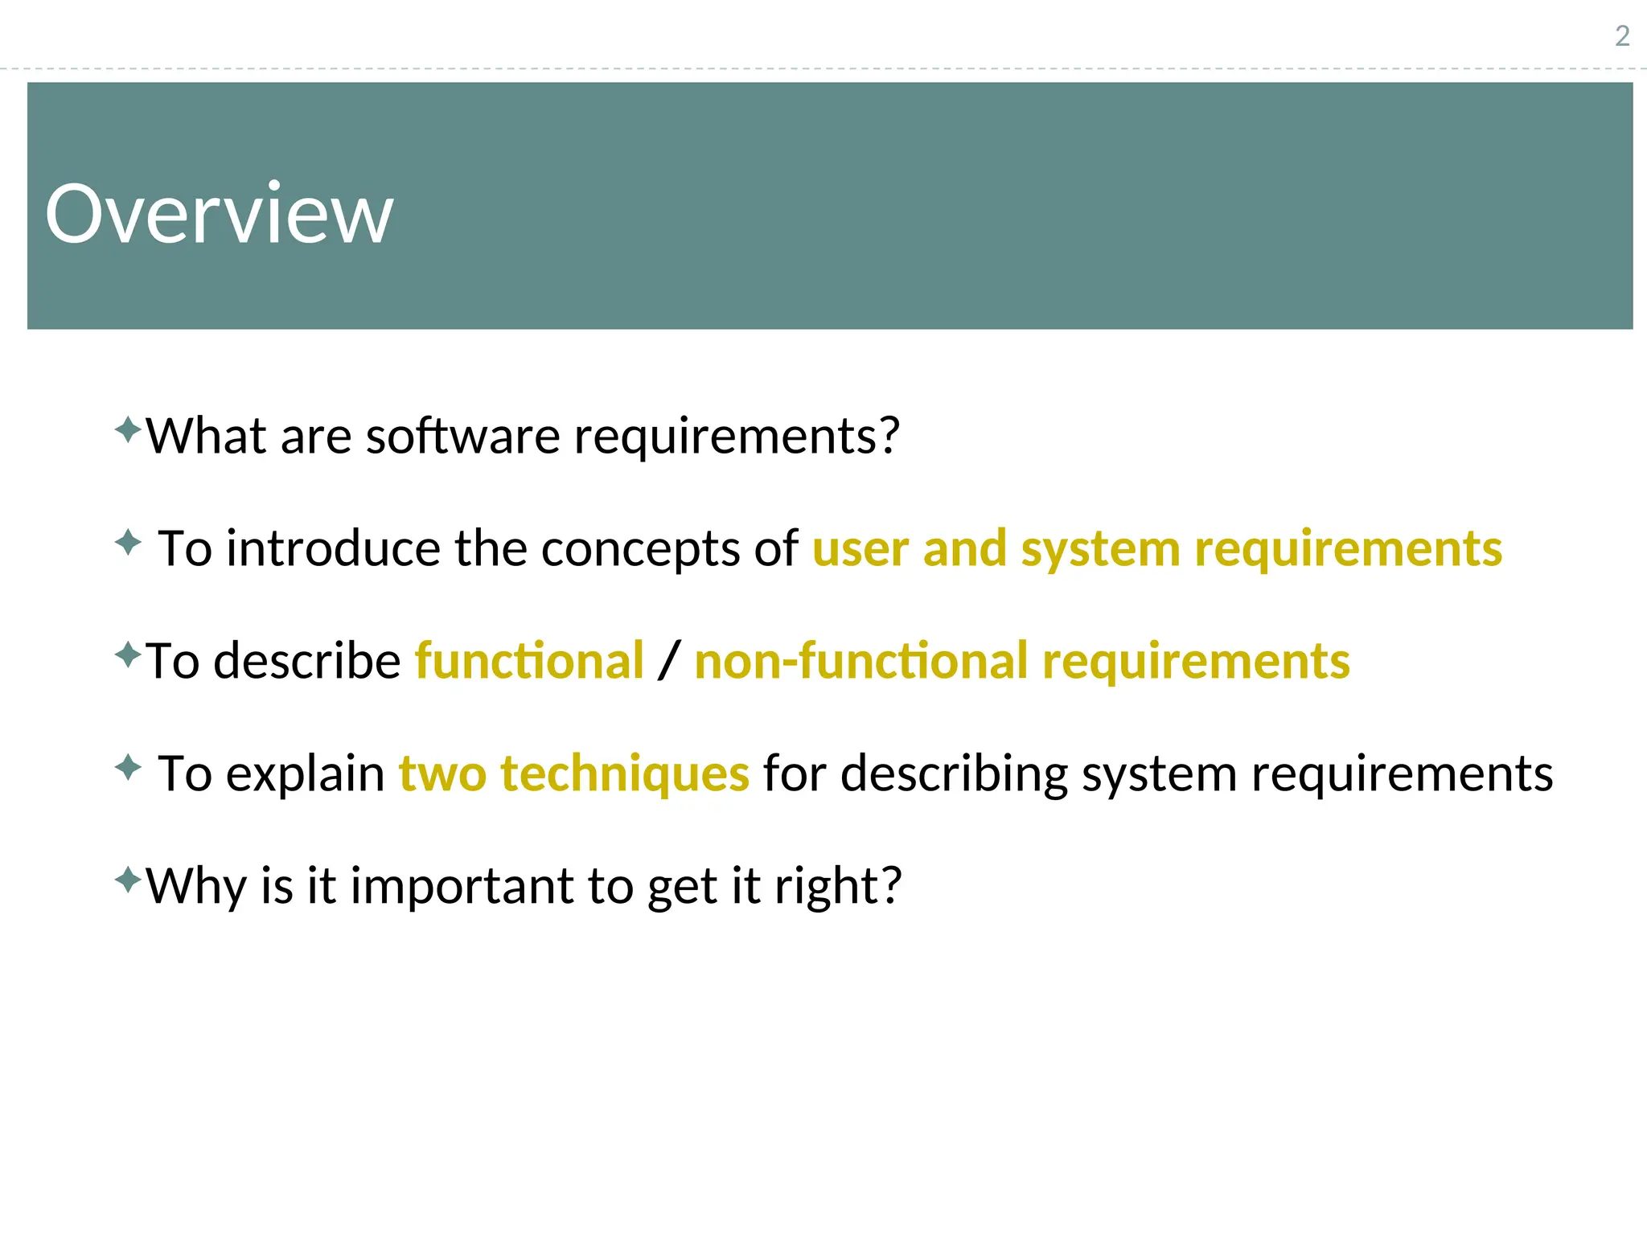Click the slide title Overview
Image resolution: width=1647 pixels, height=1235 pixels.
[219, 213]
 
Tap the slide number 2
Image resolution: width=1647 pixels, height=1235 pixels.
[1622, 36]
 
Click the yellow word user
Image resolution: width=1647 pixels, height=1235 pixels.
[860, 548]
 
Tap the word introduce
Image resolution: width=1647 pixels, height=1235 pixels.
[333, 548]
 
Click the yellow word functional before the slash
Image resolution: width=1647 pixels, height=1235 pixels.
[529, 661]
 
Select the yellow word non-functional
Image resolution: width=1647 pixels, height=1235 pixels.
[861, 661]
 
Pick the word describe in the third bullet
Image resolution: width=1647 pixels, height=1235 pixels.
[307, 661]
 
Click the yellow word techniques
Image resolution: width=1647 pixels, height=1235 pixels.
[625, 773]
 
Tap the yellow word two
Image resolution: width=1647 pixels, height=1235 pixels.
[442, 773]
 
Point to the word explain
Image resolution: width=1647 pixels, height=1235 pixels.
[305, 773]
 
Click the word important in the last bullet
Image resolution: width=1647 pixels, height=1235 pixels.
[462, 886]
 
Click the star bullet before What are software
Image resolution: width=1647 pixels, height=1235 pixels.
[128, 429]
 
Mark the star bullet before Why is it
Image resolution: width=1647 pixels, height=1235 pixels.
[128, 880]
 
